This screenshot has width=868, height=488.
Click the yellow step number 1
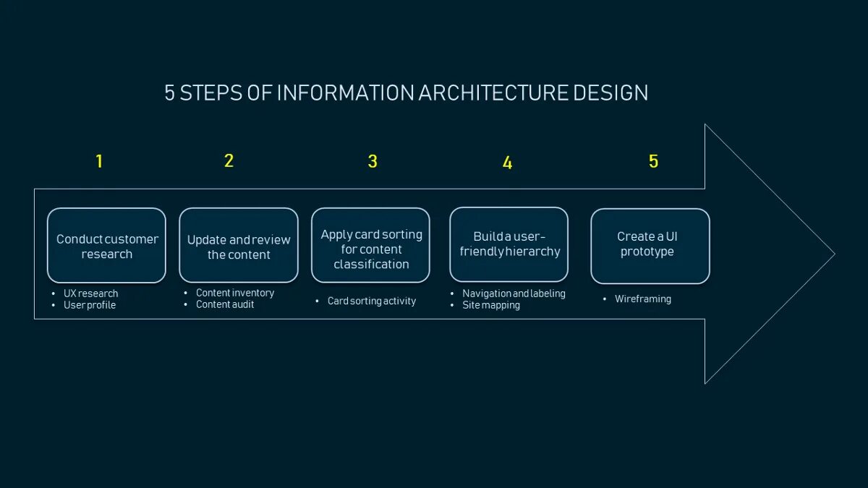coord(99,161)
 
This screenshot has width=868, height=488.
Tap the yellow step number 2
coord(229,160)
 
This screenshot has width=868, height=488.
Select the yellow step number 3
coord(373,161)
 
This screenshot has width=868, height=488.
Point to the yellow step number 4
coord(507,163)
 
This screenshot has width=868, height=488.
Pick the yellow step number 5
coord(653,161)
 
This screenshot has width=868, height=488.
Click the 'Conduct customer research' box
coord(106,246)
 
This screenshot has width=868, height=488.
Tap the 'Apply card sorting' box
coord(371,246)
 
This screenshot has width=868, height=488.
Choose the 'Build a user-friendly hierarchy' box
coord(509,244)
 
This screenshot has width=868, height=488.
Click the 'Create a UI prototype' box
coord(650,246)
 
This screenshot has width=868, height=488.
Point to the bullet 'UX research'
coord(90,294)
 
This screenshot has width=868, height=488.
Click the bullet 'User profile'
coord(90,305)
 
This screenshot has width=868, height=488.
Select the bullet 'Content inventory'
coord(235,293)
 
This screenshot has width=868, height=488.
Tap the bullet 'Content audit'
coord(225,304)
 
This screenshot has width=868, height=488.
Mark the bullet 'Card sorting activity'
coord(372,301)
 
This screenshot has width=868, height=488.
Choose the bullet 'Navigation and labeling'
coord(514,294)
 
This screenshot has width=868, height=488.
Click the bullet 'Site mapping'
coord(491,305)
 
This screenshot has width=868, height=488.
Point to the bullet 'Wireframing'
coord(643,299)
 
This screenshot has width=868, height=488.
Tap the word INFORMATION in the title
coord(345,93)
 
